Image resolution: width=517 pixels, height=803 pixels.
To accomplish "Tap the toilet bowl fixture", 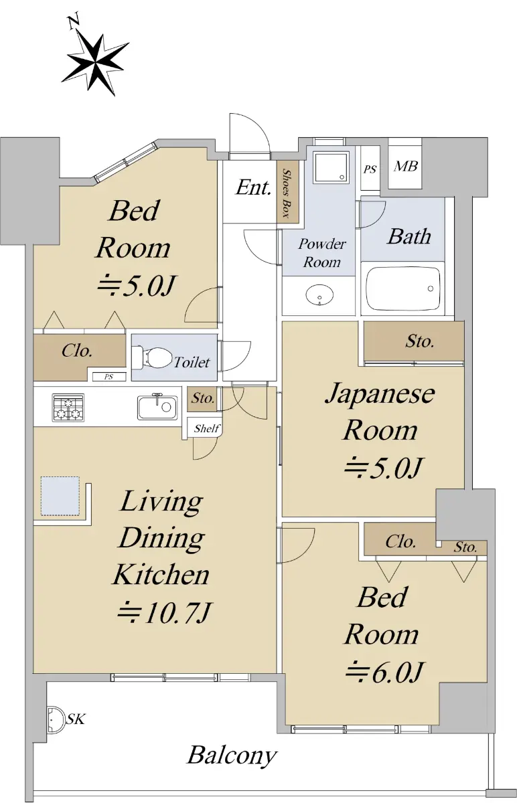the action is pos(153,357).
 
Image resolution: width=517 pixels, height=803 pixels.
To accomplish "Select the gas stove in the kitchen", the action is pos(68,408).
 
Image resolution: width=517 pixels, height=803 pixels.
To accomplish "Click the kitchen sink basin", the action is pos(157,408).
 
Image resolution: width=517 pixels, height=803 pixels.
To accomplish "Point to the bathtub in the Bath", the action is pos(402,288).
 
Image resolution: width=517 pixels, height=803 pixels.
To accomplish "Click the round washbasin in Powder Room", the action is pos(319,295).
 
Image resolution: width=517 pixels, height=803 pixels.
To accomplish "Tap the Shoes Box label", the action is pos(287,193).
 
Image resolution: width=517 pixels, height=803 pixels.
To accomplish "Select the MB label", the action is pos(405,167).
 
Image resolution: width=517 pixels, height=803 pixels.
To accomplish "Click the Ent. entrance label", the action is pos(253,187).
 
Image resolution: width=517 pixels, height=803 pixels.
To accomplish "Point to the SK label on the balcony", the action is pos(76,719).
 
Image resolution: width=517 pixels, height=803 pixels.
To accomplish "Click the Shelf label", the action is pos(207,428).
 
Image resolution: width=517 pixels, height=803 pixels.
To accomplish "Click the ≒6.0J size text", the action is pos(384,673).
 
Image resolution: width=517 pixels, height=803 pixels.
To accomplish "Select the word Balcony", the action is pos(232,756).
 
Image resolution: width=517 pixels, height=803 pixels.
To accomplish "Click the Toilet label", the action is pos(192,362).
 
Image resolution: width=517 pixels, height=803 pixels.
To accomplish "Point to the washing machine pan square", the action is pos(331,167).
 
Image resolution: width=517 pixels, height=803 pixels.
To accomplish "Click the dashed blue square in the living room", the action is pos(60,496).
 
